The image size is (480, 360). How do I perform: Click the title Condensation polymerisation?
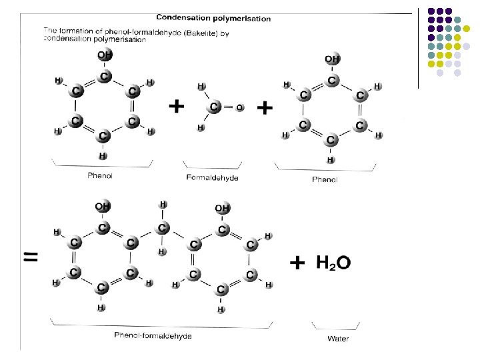[213, 19]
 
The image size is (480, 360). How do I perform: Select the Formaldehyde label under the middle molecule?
[212, 178]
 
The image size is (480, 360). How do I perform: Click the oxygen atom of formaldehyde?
[239, 107]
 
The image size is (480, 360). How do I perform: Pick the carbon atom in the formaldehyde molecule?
[214, 106]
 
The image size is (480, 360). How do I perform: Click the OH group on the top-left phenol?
[105, 55]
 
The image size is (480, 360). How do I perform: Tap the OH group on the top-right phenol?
[332, 59]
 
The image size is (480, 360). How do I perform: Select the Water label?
[337, 339]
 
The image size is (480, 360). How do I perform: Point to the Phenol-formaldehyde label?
[153, 335]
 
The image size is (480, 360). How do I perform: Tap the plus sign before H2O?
[297, 264]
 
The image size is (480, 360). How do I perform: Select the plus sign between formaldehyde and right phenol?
[265, 107]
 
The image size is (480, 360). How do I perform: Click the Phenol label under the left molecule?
[99, 175]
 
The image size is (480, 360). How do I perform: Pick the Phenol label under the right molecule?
[325, 179]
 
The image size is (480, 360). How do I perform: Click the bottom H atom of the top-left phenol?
[103, 156]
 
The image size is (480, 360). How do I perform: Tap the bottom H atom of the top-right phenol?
[330, 160]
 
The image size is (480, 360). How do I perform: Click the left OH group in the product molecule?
[102, 207]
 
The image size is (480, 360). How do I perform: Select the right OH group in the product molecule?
[221, 209]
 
